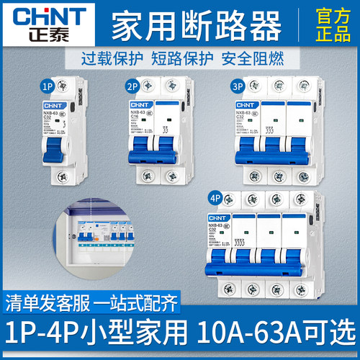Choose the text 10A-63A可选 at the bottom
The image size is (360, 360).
(282, 343)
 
